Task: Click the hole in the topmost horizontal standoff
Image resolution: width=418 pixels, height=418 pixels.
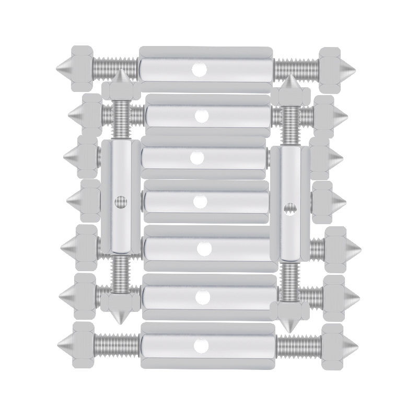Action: pos(199,69)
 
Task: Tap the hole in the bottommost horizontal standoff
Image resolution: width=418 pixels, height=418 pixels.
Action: pos(199,345)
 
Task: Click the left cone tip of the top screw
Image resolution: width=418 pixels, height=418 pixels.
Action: pos(56,69)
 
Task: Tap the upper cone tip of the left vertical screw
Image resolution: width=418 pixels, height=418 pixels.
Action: pos(121,71)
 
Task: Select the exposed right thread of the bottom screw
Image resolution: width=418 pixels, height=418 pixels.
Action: pos(298,345)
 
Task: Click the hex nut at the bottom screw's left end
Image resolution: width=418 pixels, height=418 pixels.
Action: pos(84,345)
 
